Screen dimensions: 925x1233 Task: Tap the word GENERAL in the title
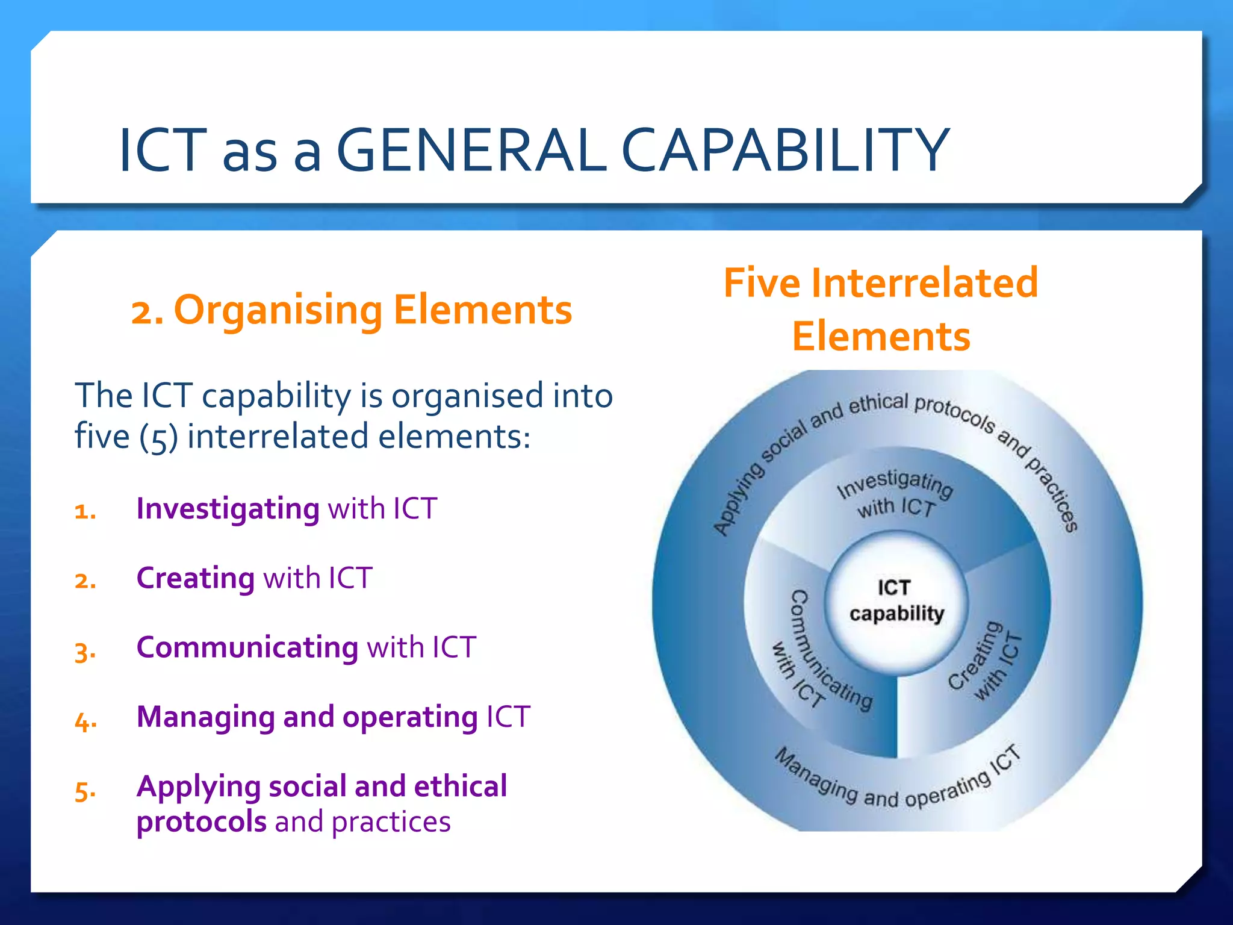click(470, 151)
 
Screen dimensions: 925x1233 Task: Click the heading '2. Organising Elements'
click(352, 311)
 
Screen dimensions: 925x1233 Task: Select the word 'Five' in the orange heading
click(762, 283)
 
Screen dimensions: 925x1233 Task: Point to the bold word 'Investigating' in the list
click(228, 509)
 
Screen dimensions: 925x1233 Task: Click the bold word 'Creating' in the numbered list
click(196, 578)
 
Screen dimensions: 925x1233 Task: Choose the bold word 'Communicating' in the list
click(247, 647)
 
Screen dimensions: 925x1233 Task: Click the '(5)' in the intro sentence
click(158, 437)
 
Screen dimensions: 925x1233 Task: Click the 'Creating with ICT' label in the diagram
click(985, 662)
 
